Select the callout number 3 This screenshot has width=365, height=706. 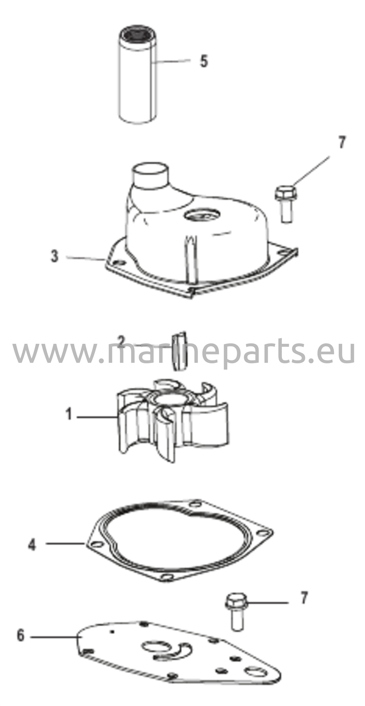click(x=54, y=256)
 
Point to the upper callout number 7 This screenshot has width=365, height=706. click(x=341, y=142)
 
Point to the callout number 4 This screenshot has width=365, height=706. click(x=32, y=545)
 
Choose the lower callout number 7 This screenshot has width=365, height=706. click(x=303, y=598)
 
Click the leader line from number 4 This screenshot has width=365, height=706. click(x=65, y=544)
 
